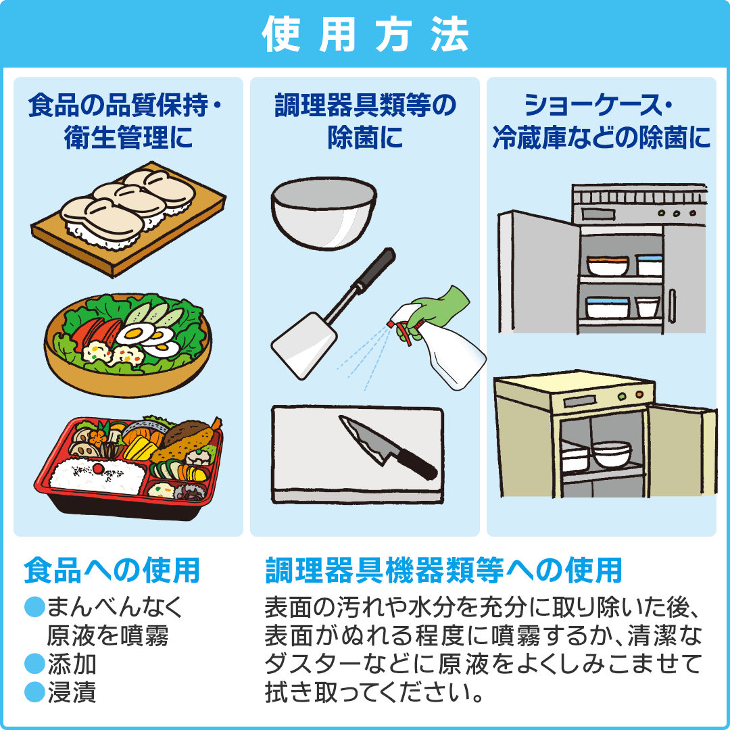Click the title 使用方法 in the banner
point(365,34)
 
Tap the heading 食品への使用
point(112,570)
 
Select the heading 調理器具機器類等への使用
point(443,570)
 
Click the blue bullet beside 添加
point(34,664)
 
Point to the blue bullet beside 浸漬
point(34,692)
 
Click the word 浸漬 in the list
point(72,692)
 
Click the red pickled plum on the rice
point(98,466)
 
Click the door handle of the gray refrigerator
point(672,306)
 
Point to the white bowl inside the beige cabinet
point(612,454)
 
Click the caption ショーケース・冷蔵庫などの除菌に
point(602,121)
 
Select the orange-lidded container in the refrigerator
point(608,266)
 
